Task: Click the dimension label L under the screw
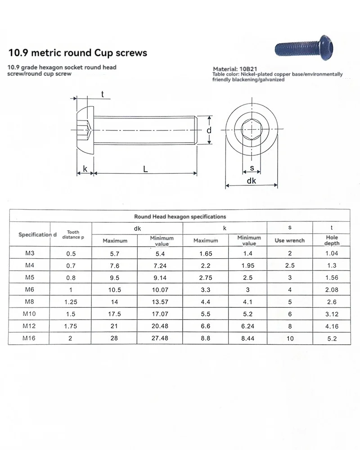(x=145, y=169)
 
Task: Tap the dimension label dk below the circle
(x=252, y=181)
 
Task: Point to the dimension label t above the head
(x=103, y=94)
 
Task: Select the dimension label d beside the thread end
(x=209, y=130)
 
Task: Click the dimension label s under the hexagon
(x=252, y=168)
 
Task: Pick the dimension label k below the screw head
(x=85, y=169)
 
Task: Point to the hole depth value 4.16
(x=332, y=326)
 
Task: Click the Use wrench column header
(x=289, y=240)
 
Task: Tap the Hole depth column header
(x=332, y=240)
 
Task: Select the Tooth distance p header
(x=71, y=234)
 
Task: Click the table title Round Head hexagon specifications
(x=180, y=216)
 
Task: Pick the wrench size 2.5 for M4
(x=289, y=265)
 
